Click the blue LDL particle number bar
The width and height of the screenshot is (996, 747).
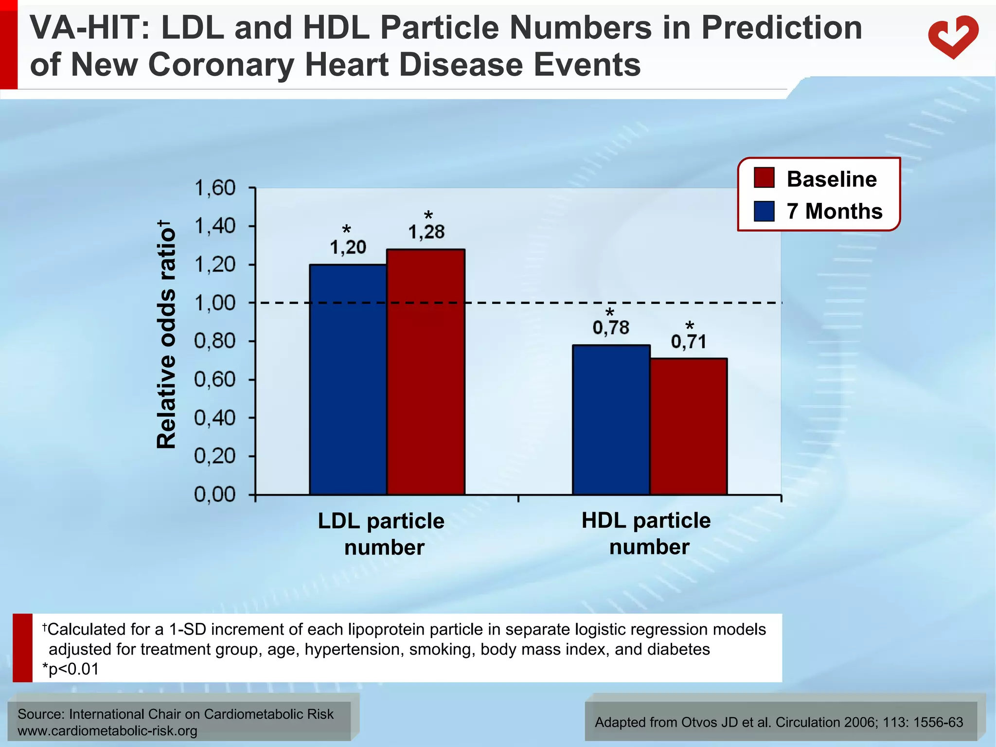pyautogui.click(x=348, y=379)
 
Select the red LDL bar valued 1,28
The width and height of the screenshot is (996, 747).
pyautogui.click(x=426, y=372)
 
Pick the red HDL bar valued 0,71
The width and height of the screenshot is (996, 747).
pyautogui.click(x=689, y=427)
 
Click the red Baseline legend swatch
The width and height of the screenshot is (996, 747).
pyautogui.click(x=764, y=178)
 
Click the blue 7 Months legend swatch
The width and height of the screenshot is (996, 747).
pyautogui.click(x=764, y=211)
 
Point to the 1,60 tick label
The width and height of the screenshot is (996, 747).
pyautogui.click(x=214, y=188)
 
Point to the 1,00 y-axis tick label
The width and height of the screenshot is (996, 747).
pyautogui.click(x=214, y=303)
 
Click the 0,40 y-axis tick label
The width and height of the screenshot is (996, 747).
pyautogui.click(x=214, y=418)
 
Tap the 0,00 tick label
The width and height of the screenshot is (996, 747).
pyautogui.click(x=214, y=495)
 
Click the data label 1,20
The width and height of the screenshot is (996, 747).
pyautogui.click(x=348, y=248)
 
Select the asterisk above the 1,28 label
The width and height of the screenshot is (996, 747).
pyautogui.click(x=428, y=216)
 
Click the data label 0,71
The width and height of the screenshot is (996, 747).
pyautogui.click(x=689, y=342)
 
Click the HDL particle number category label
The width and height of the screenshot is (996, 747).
pyautogui.click(x=646, y=534)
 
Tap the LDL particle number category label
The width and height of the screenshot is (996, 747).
pyautogui.click(x=382, y=534)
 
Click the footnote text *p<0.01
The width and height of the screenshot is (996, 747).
pyautogui.click(x=71, y=669)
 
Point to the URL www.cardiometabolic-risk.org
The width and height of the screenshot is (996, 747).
pyautogui.click(x=107, y=730)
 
